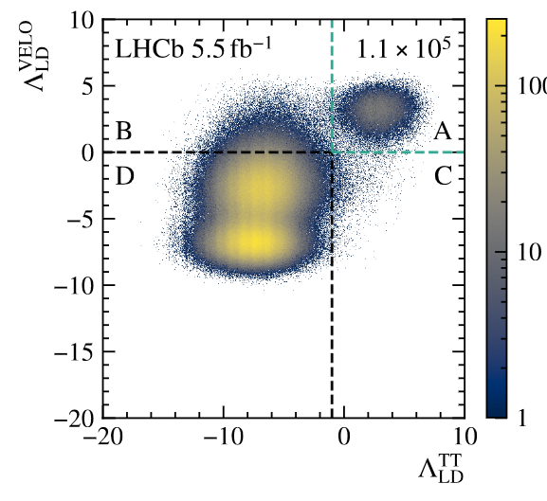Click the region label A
442,132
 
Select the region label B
123,132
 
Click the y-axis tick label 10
80,20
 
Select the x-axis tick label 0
343,439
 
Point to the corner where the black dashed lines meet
332,152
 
